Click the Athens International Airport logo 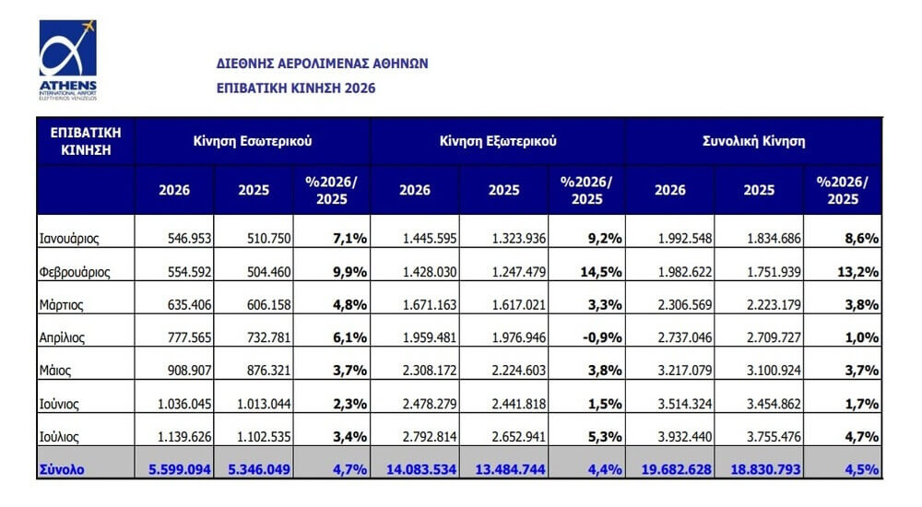[67, 60]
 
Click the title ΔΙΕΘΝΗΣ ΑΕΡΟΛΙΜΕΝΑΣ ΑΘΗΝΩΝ [322, 64]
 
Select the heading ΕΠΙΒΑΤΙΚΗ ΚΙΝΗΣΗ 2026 [296, 88]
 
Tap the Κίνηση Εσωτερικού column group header [253, 141]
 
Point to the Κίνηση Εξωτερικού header [498, 141]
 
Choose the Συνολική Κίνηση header [754, 141]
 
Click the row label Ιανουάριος [69, 239]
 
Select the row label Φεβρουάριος [75, 272]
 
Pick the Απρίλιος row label [62, 337]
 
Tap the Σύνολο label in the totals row [62, 469]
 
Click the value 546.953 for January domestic [189, 238]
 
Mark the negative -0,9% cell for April [602, 337]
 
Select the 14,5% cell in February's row [601, 272]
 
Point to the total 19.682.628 [676, 469]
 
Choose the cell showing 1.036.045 [184, 404]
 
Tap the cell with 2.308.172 [430, 371]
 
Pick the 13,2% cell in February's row [857, 272]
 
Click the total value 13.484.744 [511, 469]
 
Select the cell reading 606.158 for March [268, 305]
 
